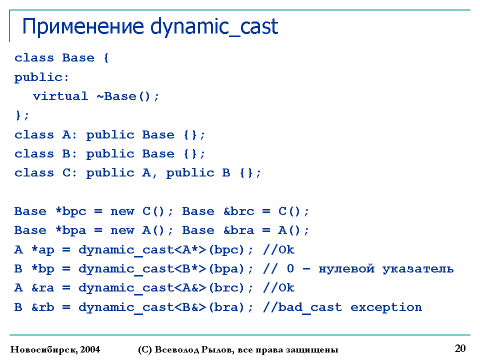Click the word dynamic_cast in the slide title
pos(214,27)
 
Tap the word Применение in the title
pos(83,26)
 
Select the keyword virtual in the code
pos(60,96)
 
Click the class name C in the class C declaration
pos(66,173)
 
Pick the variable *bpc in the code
pos(71,211)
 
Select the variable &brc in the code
pos(239,211)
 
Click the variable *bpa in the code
pos(71,230)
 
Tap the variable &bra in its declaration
pos(239,230)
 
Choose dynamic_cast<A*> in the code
pos(142,250)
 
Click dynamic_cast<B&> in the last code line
pos(142,307)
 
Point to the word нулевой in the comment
pos(346,269)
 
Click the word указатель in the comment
pos(418,269)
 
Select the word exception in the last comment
pos(386,307)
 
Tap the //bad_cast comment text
pos(302,307)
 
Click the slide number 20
pos(460,348)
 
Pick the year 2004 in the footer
pos(90,349)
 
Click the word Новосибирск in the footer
pos(44,349)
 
